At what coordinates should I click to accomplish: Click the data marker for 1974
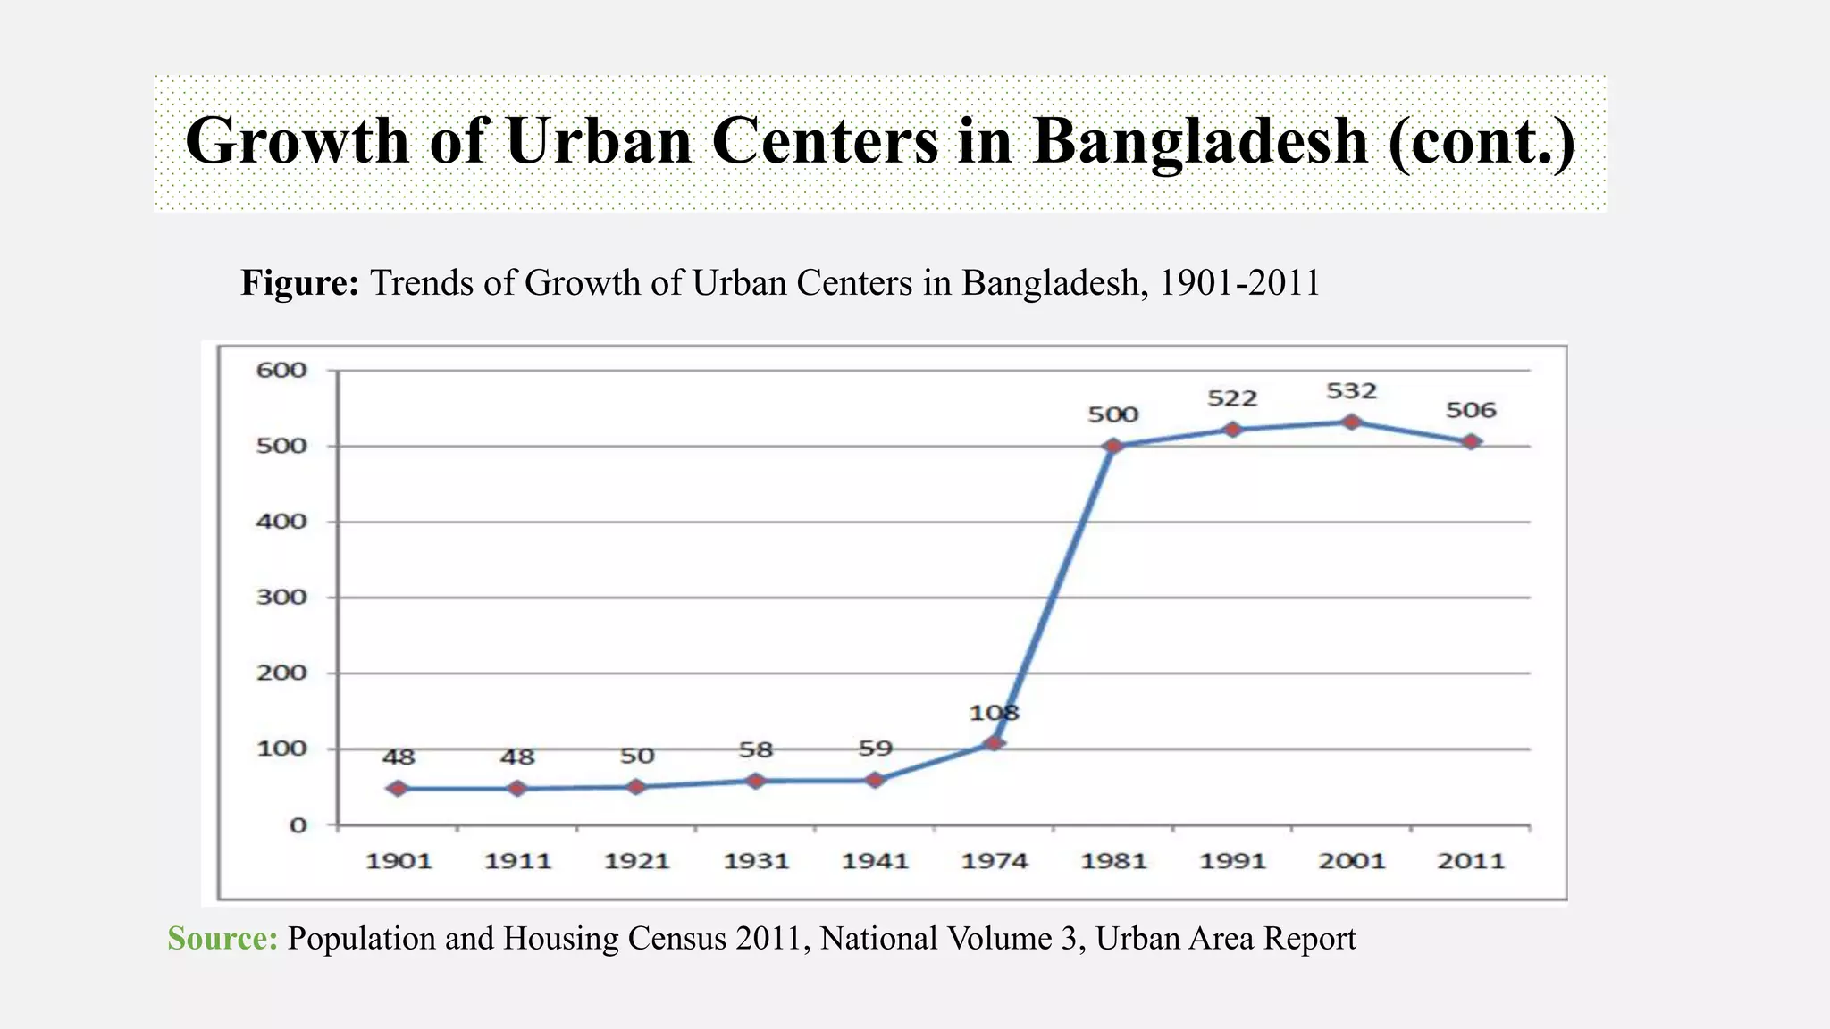[x=994, y=743]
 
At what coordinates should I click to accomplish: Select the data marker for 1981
[x=1113, y=446]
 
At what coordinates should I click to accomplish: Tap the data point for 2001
[x=1351, y=422]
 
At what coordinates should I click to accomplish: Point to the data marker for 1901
[x=399, y=789]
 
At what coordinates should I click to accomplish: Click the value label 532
[x=1351, y=391]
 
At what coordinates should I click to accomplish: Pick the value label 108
[x=994, y=713]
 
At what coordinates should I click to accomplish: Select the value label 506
[x=1471, y=410]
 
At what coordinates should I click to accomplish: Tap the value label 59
[x=875, y=749]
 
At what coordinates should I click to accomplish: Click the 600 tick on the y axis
[x=281, y=370]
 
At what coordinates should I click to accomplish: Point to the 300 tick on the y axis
[x=281, y=597]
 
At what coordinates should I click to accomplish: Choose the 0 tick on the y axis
[x=298, y=825]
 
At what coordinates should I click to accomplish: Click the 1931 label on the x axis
[x=756, y=861]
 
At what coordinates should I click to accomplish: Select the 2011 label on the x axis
[x=1471, y=861]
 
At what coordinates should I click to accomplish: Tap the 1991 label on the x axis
[x=1232, y=861]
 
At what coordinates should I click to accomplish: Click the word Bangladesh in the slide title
[x=1200, y=141]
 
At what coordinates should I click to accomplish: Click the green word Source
[x=222, y=939]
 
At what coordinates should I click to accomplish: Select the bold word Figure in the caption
[x=299, y=283]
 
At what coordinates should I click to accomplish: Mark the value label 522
[x=1232, y=398]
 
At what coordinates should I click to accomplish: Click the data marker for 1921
[x=636, y=787]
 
